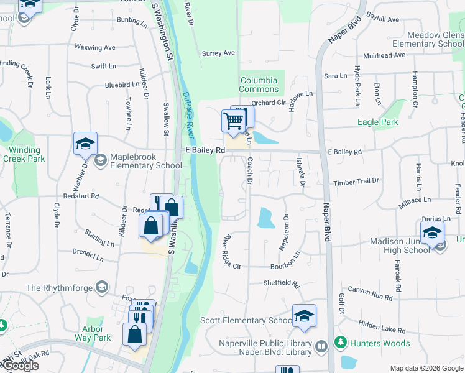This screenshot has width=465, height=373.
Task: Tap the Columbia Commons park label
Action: (259, 85)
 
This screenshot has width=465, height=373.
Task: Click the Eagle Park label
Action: (378, 122)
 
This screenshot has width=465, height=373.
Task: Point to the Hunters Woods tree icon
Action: (341, 341)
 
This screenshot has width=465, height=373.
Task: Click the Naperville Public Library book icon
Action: (321, 346)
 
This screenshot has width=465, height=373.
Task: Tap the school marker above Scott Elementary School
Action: (304, 316)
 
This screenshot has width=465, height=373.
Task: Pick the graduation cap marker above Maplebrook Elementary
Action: (85, 144)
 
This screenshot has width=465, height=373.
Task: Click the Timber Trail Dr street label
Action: (356, 181)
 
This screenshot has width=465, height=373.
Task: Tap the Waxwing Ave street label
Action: (95, 47)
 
